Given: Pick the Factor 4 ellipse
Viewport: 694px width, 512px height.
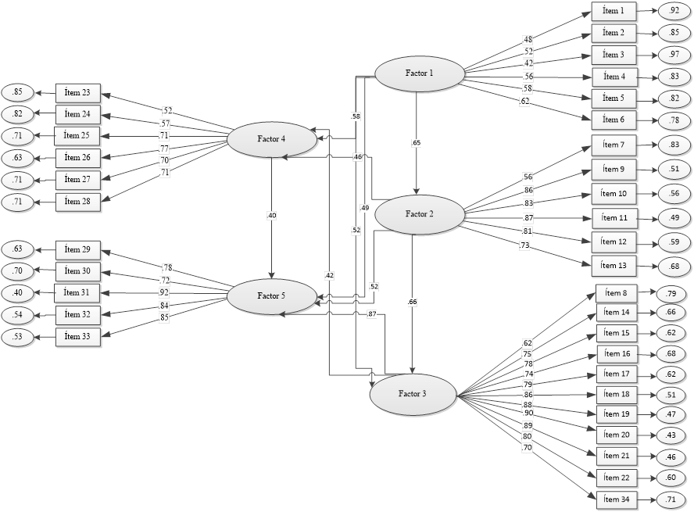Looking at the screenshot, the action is pyautogui.click(x=272, y=139).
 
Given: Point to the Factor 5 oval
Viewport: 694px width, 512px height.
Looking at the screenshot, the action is pyautogui.click(x=271, y=296).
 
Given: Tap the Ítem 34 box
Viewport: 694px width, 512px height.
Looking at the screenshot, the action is pyautogui.click(x=619, y=498).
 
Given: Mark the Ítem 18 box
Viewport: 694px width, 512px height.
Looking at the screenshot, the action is pyautogui.click(x=619, y=395).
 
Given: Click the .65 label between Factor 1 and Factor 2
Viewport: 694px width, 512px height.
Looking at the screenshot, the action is pyautogui.click(x=417, y=143).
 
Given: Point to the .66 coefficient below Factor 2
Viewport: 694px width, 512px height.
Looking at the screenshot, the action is pyautogui.click(x=413, y=302).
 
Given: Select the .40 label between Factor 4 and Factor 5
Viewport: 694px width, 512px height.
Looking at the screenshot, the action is pyautogui.click(x=271, y=216).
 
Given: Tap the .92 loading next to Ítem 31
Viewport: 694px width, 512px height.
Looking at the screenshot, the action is pyautogui.click(x=164, y=293).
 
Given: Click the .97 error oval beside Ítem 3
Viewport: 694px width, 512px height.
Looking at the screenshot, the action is pyautogui.click(x=673, y=55).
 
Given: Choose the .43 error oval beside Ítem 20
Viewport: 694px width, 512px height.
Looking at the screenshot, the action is pyautogui.click(x=672, y=435).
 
